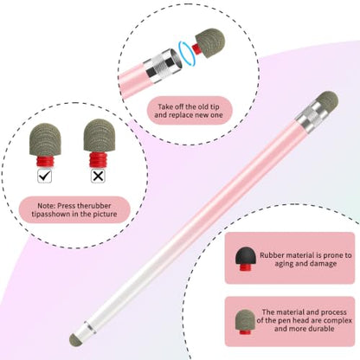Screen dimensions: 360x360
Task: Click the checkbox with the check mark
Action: [x=45, y=176]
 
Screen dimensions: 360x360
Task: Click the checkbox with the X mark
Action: [x=98, y=176]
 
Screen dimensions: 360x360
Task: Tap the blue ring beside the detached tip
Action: [x=187, y=53]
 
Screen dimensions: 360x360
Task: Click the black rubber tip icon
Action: [x=246, y=259]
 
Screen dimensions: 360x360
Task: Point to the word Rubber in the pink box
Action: [x=273, y=255]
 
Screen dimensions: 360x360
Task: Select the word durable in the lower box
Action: [x=319, y=329]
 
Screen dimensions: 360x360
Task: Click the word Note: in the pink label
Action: [x=46, y=206]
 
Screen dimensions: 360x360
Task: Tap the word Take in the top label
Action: [x=164, y=106]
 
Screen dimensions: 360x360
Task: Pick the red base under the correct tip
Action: [x=45, y=161]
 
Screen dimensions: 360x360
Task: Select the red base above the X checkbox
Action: [x=98, y=160]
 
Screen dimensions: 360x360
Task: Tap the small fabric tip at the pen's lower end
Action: [x=75, y=339]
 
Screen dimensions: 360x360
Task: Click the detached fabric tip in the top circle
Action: [x=209, y=42]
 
